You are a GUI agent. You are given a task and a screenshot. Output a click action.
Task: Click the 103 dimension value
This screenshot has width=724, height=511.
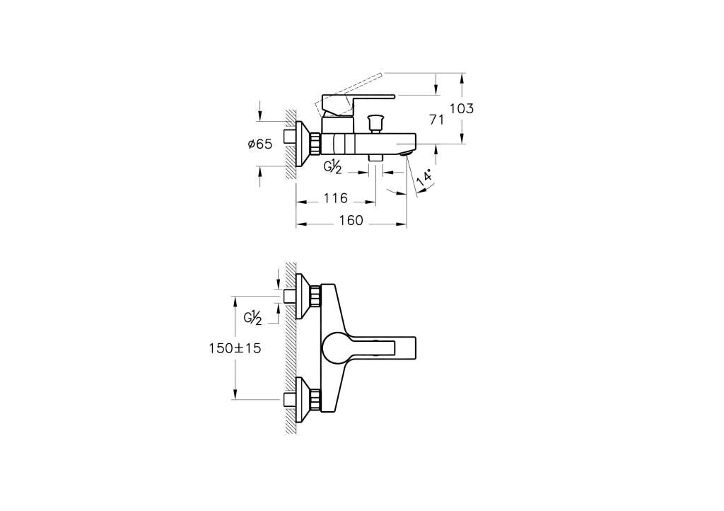point(462,108)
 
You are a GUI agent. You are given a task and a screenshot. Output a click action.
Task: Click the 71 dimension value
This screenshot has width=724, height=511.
point(436,120)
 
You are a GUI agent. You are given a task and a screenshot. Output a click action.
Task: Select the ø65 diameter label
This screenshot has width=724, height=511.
point(260,144)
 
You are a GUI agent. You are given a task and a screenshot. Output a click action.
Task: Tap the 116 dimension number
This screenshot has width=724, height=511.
point(335,198)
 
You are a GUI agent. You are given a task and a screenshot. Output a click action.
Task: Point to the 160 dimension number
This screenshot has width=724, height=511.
point(351,221)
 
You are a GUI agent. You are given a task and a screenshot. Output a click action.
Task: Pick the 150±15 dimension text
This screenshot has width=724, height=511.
point(235,348)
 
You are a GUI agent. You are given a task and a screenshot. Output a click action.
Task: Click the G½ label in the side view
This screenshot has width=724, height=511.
point(333,167)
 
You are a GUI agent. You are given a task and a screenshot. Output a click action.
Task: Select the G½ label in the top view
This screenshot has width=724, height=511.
point(253,318)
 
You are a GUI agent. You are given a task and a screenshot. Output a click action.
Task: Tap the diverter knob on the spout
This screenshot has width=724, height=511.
point(375,123)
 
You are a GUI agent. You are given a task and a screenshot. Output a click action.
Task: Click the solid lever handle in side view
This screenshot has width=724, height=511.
point(358,103)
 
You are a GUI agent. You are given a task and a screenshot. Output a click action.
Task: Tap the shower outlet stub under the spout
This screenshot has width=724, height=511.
point(375,158)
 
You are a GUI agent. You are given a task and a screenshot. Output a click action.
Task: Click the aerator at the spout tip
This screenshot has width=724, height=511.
point(407,153)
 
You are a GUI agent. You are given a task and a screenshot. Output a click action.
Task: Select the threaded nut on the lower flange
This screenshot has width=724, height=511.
point(315,398)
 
